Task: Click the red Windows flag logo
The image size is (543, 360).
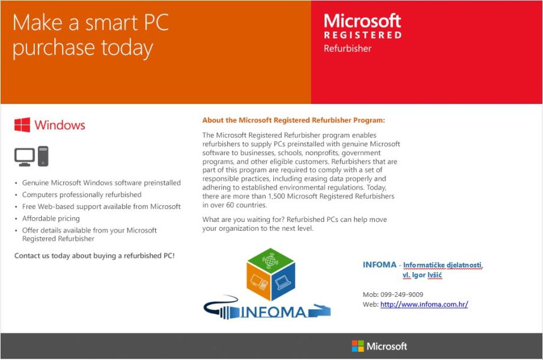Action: point(22,125)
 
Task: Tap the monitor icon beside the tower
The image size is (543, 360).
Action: point(25,157)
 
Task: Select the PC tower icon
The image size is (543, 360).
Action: point(43,156)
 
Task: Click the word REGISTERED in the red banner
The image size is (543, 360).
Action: point(363,35)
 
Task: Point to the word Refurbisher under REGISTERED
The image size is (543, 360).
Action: point(347,48)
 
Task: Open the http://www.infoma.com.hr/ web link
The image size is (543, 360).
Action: point(424,305)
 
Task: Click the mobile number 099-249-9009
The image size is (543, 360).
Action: point(402,294)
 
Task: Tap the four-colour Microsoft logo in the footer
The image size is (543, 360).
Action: point(358,346)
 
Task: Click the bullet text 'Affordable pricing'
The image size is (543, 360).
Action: point(51,218)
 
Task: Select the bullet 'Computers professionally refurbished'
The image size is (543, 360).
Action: point(81,195)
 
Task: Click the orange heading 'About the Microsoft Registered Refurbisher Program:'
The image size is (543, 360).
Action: point(294,120)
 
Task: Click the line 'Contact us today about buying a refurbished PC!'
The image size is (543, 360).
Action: point(94,256)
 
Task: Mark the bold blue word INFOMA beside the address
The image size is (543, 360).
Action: point(380,264)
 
